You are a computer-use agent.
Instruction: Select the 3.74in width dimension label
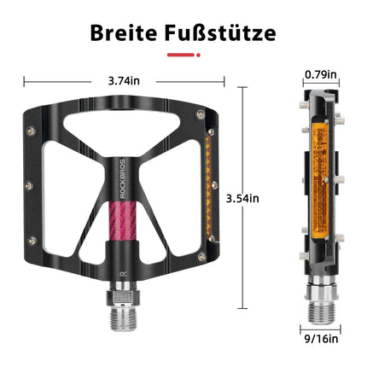tap(124, 81)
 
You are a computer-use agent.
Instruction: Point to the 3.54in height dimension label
tap(242, 198)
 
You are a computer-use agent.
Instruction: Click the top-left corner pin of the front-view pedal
tap(32, 130)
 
